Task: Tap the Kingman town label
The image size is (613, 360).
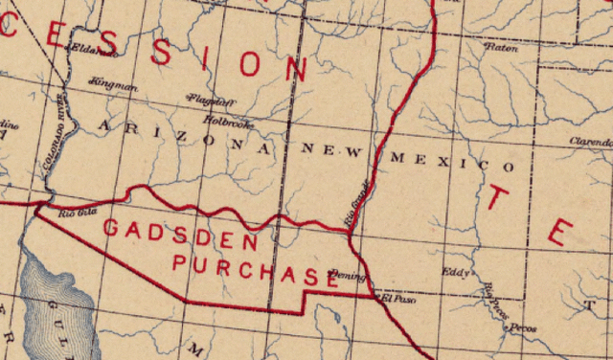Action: coord(112,86)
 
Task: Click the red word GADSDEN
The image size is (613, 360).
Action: coord(180,236)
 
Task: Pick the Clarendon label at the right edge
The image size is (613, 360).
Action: coord(591,142)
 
